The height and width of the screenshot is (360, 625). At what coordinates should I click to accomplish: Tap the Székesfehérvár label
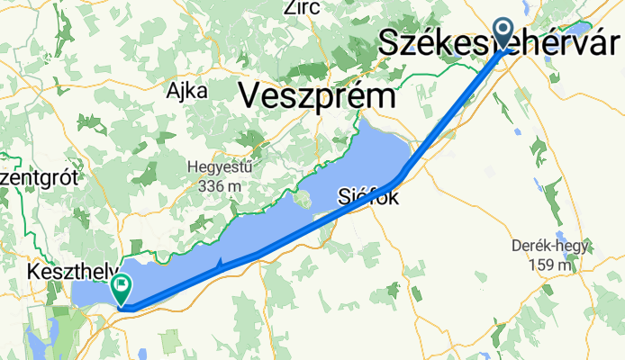click(501, 40)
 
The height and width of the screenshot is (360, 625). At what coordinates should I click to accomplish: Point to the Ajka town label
click(186, 91)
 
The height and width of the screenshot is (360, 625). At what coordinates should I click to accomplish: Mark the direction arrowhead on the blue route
click(219, 265)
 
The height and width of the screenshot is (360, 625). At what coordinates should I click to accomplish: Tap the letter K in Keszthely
click(33, 270)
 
